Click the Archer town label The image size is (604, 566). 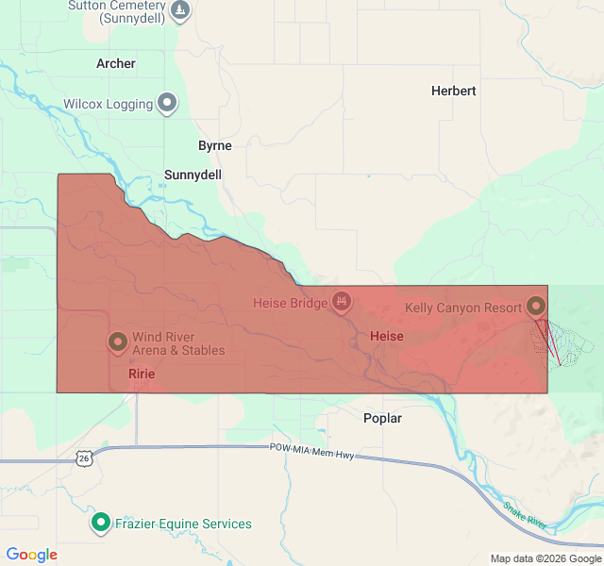click(116, 63)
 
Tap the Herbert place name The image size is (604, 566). click(453, 91)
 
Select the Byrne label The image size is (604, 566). click(215, 145)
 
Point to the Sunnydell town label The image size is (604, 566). click(193, 175)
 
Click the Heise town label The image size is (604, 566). click(387, 336)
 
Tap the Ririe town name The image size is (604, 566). click(142, 374)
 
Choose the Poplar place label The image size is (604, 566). click(382, 418)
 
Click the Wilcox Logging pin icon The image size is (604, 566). click(168, 103)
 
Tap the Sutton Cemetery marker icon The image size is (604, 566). click(180, 10)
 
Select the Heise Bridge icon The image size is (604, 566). click(342, 302)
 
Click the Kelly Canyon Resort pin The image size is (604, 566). click(536, 307)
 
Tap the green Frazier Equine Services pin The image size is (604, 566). click(100, 522)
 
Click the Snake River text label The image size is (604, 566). click(525, 514)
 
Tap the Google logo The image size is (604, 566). click(32, 555)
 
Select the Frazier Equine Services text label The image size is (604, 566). click(183, 524)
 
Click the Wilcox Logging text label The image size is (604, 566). click(108, 104)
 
